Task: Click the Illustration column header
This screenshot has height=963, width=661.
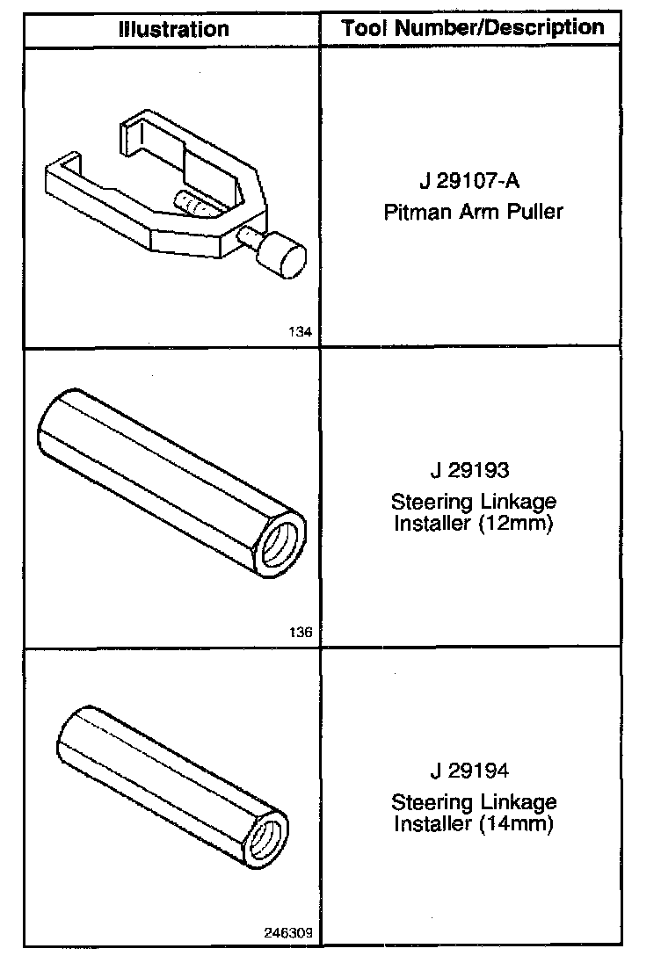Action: coord(174,29)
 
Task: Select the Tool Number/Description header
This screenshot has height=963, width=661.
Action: coord(472,27)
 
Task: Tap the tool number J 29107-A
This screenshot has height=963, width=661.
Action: coord(470,181)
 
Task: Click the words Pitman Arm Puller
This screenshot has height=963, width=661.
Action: coord(473,212)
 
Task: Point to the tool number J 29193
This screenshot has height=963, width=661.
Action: coord(470,470)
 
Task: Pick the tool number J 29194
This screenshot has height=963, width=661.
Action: coord(470,771)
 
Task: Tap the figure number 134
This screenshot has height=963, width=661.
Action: coord(301,331)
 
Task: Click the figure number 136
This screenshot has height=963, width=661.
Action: coord(301,632)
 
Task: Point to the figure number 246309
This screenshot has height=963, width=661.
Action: coord(288,932)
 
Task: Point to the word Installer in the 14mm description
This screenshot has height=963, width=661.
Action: coord(432,823)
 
